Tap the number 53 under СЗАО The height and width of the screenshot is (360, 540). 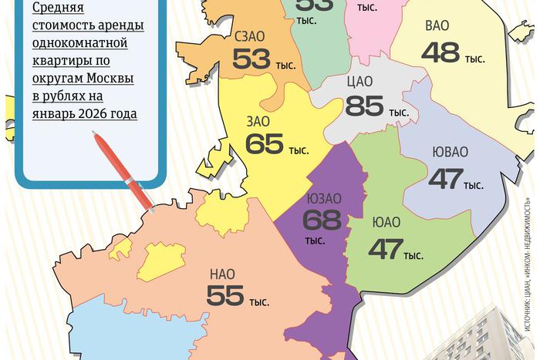click(x=252, y=59)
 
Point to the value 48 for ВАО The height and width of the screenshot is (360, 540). click(x=440, y=52)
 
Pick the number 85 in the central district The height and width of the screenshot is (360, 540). click(x=365, y=106)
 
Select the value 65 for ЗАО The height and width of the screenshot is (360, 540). click(x=264, y=144)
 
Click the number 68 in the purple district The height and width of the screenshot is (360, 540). click(x=322, y=220)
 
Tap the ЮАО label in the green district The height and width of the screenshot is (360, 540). click(x=386, y=224)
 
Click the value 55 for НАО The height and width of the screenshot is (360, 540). click(x=225, y=295)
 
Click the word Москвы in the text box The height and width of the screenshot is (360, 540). click(x=110, y=79)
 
